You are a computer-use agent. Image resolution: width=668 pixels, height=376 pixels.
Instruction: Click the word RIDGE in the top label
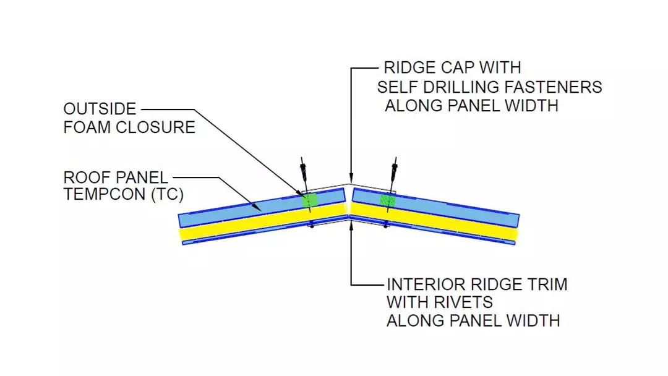click(x=409, y=68)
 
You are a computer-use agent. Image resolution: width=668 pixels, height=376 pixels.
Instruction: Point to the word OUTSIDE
click(x=100, y=109)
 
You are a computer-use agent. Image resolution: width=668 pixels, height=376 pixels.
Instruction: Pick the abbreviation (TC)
click(x=166, y=195)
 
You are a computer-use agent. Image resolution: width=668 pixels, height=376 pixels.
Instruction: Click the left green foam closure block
click(x=309, y=200)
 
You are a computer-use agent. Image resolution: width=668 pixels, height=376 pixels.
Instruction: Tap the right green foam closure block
click(x=387, y=200)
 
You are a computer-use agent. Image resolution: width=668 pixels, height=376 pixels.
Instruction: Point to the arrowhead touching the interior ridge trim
click(x=350, y=221)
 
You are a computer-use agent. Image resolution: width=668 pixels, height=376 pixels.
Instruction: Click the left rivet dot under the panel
click(x=312, y=227)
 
